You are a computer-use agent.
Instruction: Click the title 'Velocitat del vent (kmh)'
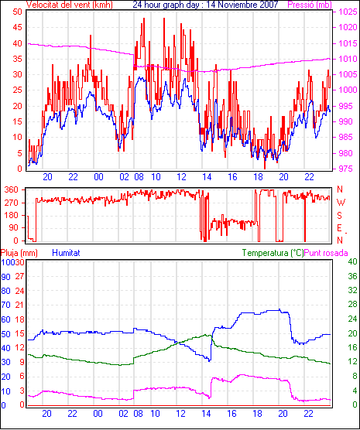70,5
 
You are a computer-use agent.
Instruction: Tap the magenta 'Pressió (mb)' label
310,5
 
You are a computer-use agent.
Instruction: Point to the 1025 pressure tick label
348,12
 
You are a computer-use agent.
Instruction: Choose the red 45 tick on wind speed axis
17,27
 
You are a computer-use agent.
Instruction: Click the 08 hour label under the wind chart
139,177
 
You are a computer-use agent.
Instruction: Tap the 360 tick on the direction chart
12,189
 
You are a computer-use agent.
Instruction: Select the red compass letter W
341,203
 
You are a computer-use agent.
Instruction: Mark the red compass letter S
339,216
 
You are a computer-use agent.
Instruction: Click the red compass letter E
339,228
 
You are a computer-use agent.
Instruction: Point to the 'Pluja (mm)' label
19,253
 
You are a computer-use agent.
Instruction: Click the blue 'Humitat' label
66,253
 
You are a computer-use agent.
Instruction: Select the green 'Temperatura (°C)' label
273,253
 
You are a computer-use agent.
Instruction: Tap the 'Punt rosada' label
326,253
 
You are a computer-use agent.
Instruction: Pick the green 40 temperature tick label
352,261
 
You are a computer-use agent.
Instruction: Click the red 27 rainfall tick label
19,276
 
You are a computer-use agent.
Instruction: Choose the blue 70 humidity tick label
5,305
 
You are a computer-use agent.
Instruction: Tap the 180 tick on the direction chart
12,216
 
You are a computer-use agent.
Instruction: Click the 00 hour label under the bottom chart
98,413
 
